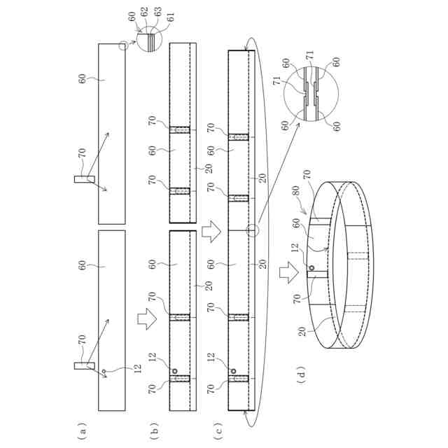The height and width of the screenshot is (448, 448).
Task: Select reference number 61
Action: [170, 17]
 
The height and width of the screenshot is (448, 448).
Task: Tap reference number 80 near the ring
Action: [295, 190]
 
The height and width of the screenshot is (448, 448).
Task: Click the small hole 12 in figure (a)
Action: [104, 371]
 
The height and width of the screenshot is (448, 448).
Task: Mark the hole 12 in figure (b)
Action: [174, 371]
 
